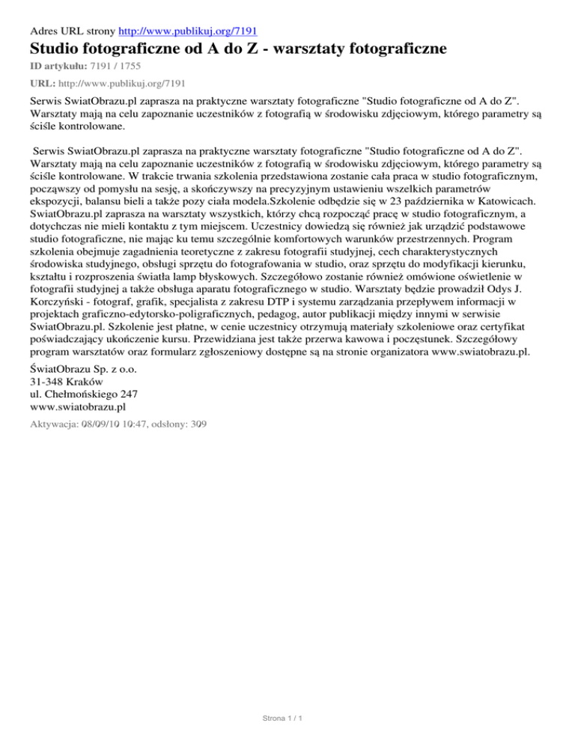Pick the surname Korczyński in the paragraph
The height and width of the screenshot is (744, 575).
tap(63, 308)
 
